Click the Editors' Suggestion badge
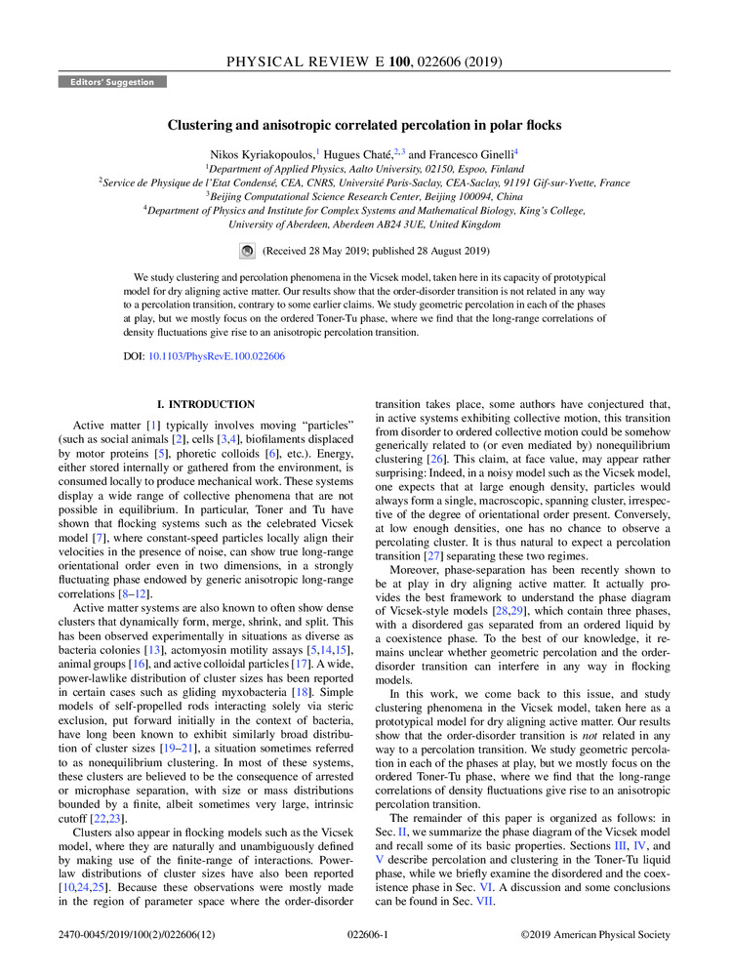[112, 82]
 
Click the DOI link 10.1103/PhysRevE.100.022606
[217, 356]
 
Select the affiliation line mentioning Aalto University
[365, 168]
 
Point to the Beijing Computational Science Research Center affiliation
[365, 195]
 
